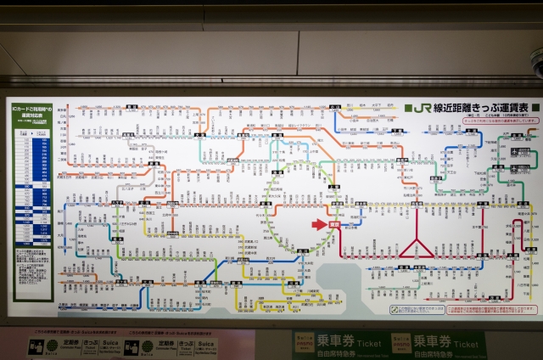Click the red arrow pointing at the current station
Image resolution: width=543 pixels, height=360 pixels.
(319, 224)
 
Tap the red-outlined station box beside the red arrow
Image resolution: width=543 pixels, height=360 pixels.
(333, 224)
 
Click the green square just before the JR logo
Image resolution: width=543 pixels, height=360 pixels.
(408, 108)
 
